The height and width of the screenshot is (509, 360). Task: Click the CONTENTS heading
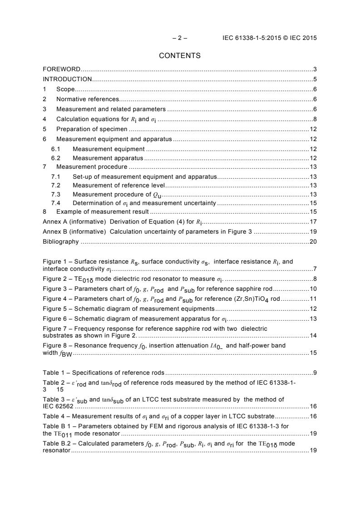click(180, 56)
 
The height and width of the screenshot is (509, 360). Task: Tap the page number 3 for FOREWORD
click(315, 69)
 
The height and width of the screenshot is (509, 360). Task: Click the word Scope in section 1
click(65, 89)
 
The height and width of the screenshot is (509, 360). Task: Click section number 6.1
click(56, 149)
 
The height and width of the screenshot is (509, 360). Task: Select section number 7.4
click(56, 203)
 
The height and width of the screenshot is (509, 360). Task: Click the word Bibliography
click(60, 242)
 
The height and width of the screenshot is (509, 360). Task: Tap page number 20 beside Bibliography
click(313, 242)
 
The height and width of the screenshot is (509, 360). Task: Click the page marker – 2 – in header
click(180, 38)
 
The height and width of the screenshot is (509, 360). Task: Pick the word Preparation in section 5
click(73, 129)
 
